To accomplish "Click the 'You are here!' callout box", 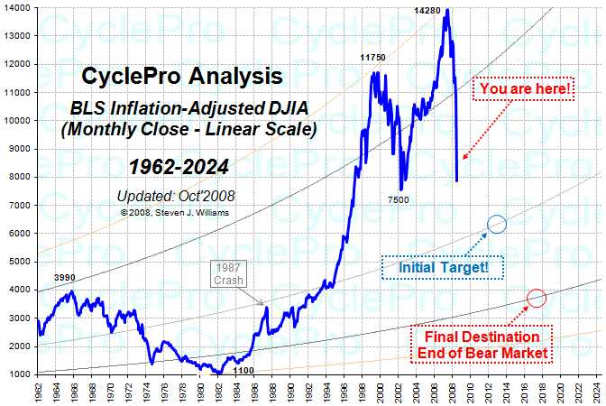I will coord(525,88).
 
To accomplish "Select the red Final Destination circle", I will coord(537,298).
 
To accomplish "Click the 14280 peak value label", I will coord(431,10).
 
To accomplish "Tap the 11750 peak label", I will coord(373,58).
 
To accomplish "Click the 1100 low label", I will coord(243,370).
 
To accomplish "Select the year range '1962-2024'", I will coord(178,166).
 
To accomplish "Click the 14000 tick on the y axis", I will coord(17,7).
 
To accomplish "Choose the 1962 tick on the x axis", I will coord(37,391).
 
